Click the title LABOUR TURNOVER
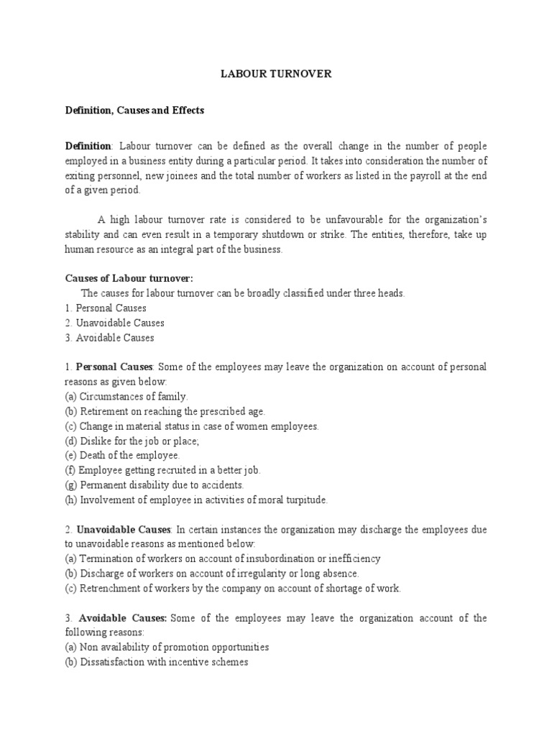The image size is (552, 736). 275,75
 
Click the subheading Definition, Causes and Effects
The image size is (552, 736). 134,111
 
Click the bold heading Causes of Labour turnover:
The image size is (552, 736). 129,279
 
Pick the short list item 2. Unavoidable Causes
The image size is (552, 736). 114,323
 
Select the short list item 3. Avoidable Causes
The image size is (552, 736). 109,338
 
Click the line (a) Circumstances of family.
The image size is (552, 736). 126,397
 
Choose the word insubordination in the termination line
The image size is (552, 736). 282,558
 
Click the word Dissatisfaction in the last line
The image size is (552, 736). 114,662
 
